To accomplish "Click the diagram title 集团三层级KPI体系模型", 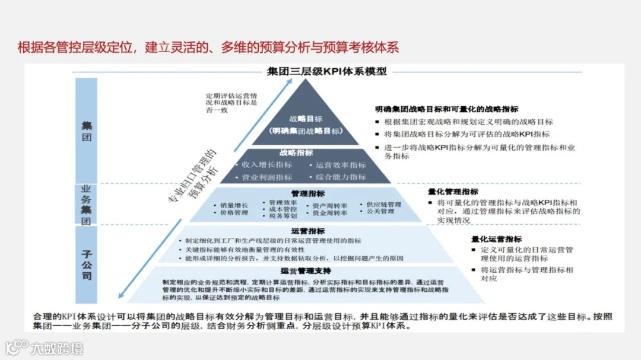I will click(x=326, y=71).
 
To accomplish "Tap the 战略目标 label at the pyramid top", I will click(x=306, y=119).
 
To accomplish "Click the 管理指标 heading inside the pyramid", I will click(x=307, y=193).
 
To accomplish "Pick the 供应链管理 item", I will click(x=383, y=205).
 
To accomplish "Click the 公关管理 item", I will click(x=380, y=211).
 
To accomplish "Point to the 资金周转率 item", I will click(x=330, y=213).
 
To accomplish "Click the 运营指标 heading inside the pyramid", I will click(x=308, y=231).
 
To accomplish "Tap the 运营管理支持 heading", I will click(x=306, y=270).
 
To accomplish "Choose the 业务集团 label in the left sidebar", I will click(x=87, y=205).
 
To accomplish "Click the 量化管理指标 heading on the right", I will click(x=453, y=192).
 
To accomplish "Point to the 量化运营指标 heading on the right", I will click(x=497, y=239).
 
